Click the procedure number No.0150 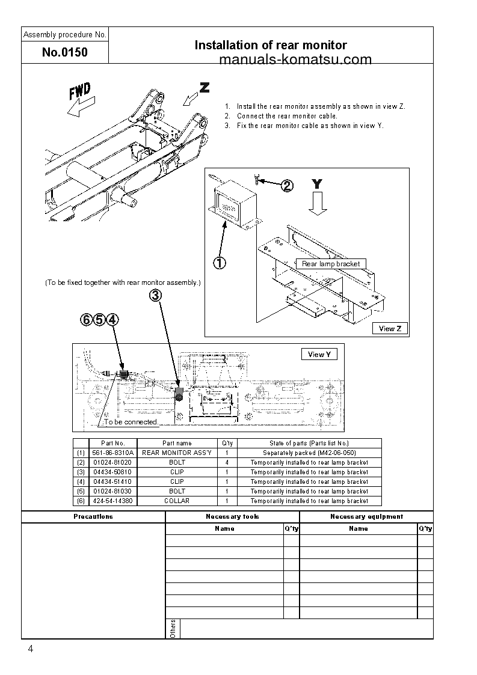(65, 52)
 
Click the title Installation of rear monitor (271, 45)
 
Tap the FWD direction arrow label (79, 93)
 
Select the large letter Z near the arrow (205, 88)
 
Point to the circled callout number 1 (220, 263)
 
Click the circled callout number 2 (287, 186)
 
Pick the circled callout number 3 (155, 295)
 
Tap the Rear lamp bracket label (331, 264)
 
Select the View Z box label (390, 328)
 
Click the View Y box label (319, 355)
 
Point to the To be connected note (131, 422)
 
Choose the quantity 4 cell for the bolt (226, 462)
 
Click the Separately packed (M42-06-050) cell (309, 453)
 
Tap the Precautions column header (93, 516)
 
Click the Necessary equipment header (366, 516)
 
